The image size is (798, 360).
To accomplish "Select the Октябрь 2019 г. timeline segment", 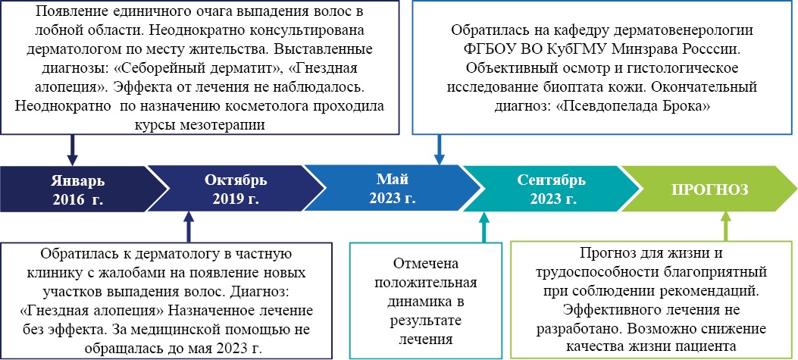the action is coord(234,189).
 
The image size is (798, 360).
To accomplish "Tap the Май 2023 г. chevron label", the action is coord(392,189).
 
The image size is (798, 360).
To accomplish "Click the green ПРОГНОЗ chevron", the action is coord(710,189).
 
